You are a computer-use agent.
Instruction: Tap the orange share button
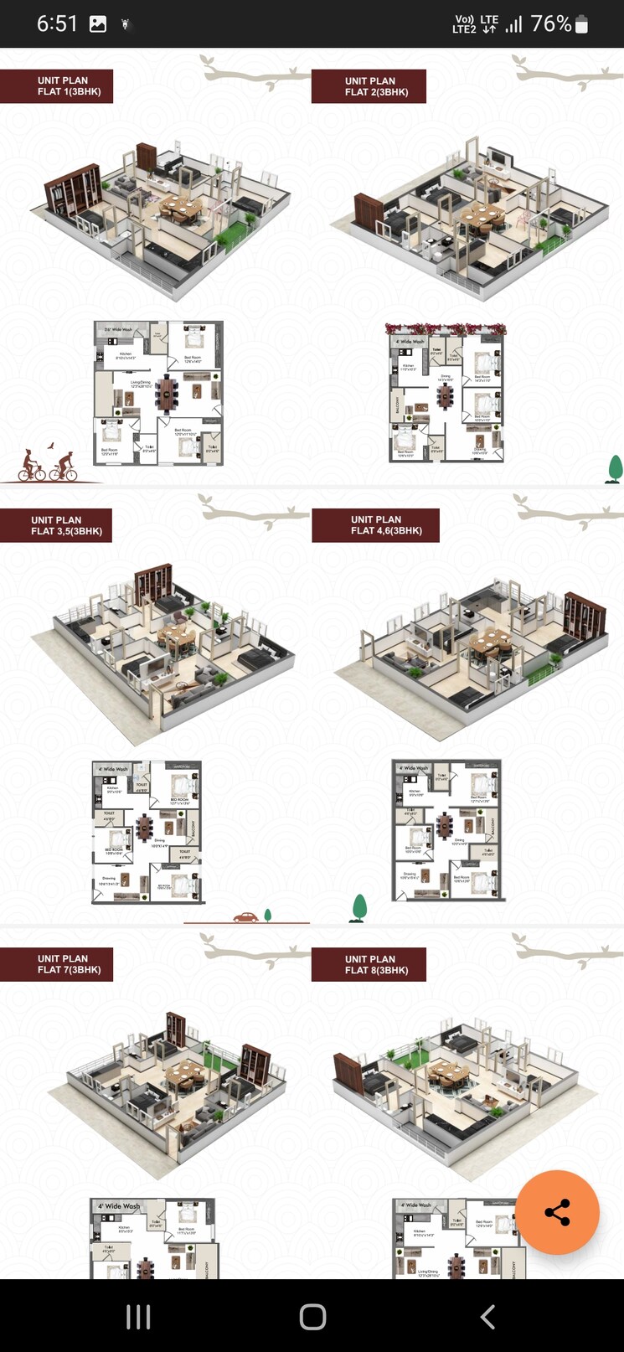pyautogui.click(x=557, y=1212)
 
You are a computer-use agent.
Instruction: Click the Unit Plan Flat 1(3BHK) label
pyautogui.click(x=57, y=86)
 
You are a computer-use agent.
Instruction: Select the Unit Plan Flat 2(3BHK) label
pyautogui.click(x=369, y=86)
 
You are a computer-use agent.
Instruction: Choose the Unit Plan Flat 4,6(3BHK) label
pyautogui.click(x=375, y=525)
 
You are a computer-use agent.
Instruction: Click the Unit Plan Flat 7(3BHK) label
pyautogui.click(x=57, y=964)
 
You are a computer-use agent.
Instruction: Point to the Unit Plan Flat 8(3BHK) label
pyautogui.click(x=369, y=964)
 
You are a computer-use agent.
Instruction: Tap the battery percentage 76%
pyautogui.click(x=551, y=23)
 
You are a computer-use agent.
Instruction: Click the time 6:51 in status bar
pyautogui.click(x=56, y=23)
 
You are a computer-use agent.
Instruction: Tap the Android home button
pyautogui.click(x=312, y=1316)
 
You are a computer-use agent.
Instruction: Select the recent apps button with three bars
pyautogui.click(x=138, y=1316)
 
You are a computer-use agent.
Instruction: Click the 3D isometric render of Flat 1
pyautogui.click(x=162, y=218)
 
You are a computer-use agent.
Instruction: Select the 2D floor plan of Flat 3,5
pyautogui.click(x=147, y=832)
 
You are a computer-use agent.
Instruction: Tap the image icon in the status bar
pyautogui.click(x=98, y=24)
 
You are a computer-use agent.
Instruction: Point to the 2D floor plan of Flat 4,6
pyautogui.click(x=447, y=829)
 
